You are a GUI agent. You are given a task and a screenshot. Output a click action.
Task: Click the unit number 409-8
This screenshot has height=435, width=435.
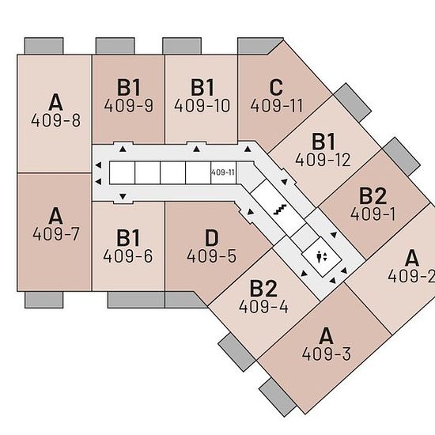(56, 120)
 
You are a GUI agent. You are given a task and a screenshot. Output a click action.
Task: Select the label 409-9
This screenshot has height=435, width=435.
(129, 105)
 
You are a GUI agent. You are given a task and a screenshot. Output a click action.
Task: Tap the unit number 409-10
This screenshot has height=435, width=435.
(202, 105)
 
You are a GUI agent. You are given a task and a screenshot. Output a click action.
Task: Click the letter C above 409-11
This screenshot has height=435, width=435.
(276, 87)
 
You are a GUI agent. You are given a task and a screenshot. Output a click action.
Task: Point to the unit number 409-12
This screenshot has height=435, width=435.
(323, 160)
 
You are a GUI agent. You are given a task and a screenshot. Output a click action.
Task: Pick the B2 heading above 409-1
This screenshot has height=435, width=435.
(373, 196)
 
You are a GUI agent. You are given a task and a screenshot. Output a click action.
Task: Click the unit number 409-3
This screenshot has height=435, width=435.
(326, 354)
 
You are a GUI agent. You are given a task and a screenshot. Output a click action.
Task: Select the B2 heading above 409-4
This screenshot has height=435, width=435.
(263, 289)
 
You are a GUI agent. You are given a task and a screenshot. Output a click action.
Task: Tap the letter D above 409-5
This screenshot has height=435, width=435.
(212, 238)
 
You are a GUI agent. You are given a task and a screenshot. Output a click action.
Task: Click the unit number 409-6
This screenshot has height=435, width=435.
(128, 255)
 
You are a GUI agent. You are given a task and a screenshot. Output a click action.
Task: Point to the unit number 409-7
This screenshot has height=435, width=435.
(56, 233)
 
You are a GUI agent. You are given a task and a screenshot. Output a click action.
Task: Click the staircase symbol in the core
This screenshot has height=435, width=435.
(280, 210)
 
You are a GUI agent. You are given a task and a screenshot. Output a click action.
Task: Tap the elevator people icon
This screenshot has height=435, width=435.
(322, 257)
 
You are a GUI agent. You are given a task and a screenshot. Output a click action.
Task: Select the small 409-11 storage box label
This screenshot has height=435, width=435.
(223, 172)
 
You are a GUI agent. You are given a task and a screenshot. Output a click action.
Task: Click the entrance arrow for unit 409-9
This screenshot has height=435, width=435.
(123, 149)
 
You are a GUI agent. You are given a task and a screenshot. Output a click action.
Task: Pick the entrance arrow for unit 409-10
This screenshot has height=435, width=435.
(197, 149)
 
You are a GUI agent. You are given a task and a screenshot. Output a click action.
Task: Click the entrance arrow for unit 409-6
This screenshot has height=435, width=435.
(123, 196)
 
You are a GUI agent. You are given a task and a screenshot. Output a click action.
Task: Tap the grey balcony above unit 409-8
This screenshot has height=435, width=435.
(43, 46)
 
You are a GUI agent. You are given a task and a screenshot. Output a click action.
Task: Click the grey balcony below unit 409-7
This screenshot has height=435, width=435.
(43, 300)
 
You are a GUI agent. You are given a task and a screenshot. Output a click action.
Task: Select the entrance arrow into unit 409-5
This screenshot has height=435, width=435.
(250, 212)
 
